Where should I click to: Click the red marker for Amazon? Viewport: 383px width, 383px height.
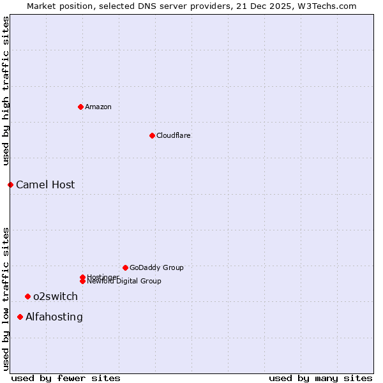(80, 107)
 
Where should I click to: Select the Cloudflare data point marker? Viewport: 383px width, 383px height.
(152, 135)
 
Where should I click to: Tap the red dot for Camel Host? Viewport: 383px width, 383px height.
(10, 184)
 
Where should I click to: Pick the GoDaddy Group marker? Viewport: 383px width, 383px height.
(125, 267)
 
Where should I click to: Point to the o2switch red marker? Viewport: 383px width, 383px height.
(27, 296)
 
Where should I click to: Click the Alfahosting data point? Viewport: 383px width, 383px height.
(20, 317)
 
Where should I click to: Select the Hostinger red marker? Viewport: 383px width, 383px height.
(82, 277)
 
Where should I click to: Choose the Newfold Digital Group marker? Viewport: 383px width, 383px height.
(82, 282)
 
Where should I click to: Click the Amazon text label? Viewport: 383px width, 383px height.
(98, 107)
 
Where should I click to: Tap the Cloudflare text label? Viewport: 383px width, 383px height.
(174, 135)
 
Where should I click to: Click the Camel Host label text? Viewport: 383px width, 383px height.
(45, 184)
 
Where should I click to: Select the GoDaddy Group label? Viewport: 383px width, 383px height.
(156, 267)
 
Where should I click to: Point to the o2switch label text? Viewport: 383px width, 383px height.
(56, 296)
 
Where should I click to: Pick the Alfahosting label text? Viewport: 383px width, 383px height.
(54, 317)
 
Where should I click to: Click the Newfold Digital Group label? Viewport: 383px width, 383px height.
(124, 282)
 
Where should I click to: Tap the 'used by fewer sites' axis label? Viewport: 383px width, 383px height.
(66, 378)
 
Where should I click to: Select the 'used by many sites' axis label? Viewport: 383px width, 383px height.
(320, 378)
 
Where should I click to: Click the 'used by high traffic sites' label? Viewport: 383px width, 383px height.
(6, 91)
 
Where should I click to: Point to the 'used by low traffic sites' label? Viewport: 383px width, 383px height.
(6, 298)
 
